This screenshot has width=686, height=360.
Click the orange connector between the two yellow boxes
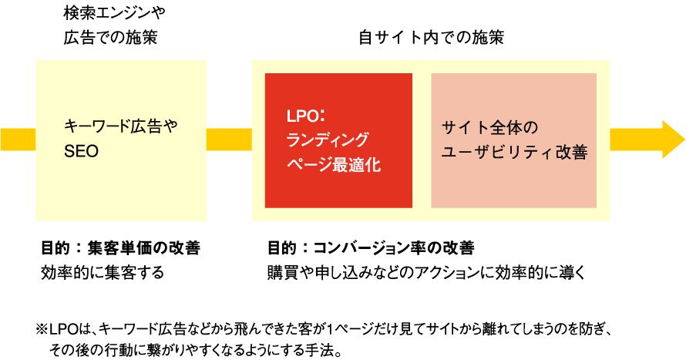pyautogui.click(x=229, y=140)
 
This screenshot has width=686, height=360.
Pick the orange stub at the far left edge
pyautogui.click(x=17, y=140)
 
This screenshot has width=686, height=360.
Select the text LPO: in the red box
pyautogui.click(x=306, y=116)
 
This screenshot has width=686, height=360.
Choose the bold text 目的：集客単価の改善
pyautogui.click(x=120, y=248)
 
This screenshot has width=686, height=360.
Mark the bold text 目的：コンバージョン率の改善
pyautogui.click(x=371, y=248)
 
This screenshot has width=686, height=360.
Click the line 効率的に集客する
pyautogui.click(x=103, y=273)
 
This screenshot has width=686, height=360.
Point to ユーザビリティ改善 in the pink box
pyautogui.click(x=514, y=153)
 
